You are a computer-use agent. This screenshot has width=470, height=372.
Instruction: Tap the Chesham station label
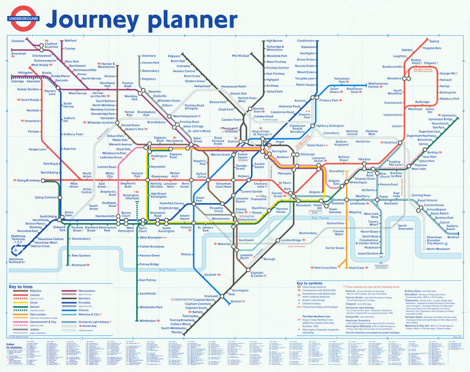(x=18, y=41)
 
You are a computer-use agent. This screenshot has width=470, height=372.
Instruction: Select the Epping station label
(x=434, y=41)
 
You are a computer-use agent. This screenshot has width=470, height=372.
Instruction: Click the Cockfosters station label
(x=305, y=41)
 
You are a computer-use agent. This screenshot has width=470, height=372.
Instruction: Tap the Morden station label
(x=177, y=332)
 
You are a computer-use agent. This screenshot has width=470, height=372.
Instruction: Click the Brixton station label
(x=235, y=301)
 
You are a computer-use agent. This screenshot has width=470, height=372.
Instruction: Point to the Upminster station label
(x=449, y=115)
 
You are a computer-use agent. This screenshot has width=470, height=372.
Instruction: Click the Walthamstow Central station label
(x=380, y=85)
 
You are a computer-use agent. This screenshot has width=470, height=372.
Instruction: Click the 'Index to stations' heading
(x=13, y=347)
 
